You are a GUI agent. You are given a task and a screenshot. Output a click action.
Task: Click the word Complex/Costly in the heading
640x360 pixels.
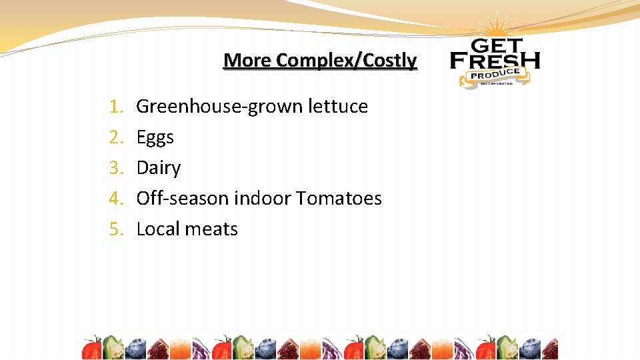[347, 61]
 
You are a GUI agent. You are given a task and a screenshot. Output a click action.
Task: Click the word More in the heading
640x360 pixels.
[247, 61]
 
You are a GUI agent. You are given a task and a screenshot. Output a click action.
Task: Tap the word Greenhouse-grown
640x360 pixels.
[220, 107]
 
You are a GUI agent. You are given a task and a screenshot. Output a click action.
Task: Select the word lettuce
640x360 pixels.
[338, 107]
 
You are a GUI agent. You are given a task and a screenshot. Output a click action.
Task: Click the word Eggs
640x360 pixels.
[155, 138]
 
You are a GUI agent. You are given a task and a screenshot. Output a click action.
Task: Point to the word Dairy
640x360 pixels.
[158, 168]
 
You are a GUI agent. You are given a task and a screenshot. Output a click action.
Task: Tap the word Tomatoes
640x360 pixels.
[339, 199]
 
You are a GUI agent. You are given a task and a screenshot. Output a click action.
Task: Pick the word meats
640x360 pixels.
[211, 229]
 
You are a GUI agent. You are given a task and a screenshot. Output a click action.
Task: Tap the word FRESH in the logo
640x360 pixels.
[495, 61]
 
